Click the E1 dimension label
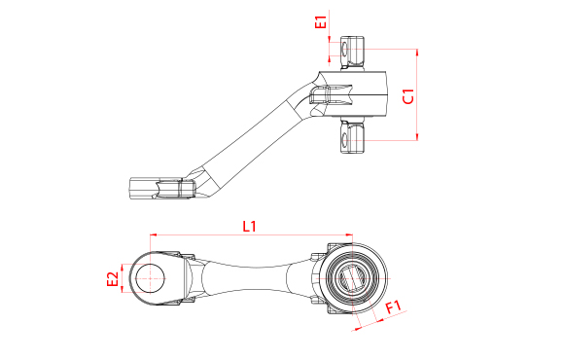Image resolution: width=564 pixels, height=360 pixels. coord(320,21)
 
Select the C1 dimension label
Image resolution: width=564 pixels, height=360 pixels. coord(408,96)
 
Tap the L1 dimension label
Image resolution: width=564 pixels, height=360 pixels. coord(249,227)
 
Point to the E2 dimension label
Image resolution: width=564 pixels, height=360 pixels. coord(113,279)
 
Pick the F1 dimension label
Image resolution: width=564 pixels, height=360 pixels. coord(393,307)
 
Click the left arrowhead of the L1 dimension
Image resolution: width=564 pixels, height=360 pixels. coord(154,234)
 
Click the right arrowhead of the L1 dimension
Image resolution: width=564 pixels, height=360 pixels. coord(349,234)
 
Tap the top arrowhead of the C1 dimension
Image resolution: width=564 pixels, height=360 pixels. coord(417,53)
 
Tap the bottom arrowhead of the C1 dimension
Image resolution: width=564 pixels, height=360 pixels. coord(417,136)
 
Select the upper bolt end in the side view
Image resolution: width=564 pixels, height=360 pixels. coord(352,53)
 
